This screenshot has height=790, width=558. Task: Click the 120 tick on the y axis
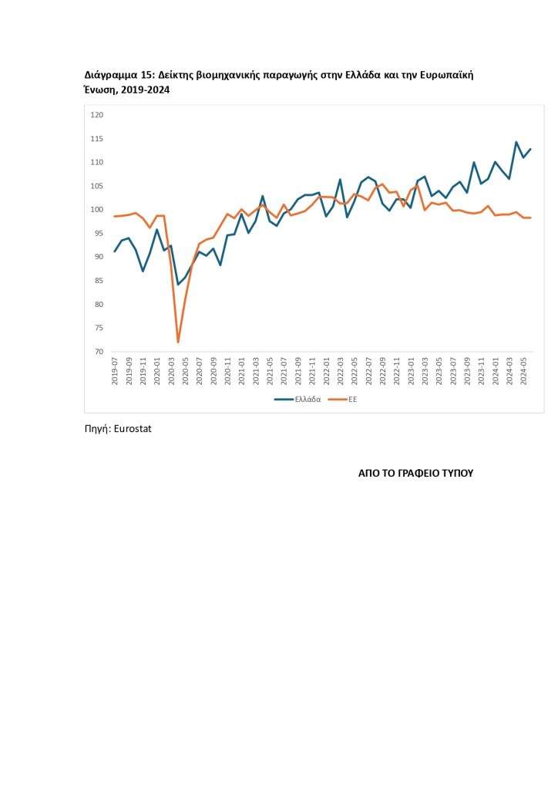97,115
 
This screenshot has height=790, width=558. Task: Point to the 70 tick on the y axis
99,352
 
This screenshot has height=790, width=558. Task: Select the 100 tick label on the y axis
97,210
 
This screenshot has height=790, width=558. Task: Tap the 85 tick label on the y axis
99,281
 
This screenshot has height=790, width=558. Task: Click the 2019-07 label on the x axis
115,371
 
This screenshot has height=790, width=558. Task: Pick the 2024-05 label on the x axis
524,371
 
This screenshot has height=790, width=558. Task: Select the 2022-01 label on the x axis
326,371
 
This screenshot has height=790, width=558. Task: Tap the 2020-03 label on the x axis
171,371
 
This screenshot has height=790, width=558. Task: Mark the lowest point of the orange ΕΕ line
178,342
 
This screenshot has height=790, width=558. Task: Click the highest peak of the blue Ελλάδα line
516,142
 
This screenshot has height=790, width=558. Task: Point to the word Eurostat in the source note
133,429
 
